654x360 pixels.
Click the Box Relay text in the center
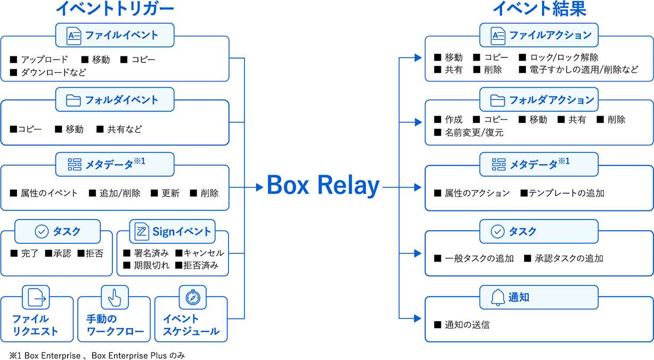coord(323,186)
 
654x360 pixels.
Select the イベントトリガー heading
coord(115,9)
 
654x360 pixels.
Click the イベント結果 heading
coord(539,9)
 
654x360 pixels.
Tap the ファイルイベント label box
coord(115,35)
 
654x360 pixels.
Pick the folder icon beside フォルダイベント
coord(73,100)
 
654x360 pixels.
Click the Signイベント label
coord(173,231)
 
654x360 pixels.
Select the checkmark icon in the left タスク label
coord(42,231)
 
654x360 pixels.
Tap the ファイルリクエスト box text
coord(35,325)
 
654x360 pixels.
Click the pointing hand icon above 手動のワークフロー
coord(114,297)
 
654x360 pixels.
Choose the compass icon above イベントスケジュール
coord(192,297)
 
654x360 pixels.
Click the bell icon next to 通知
coord(497,297)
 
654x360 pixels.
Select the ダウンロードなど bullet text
coord(53,72)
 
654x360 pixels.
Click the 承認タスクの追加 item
coord(568,258)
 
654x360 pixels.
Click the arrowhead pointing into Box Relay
coord(259,187)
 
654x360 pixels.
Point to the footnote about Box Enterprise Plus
coord(97,355)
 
